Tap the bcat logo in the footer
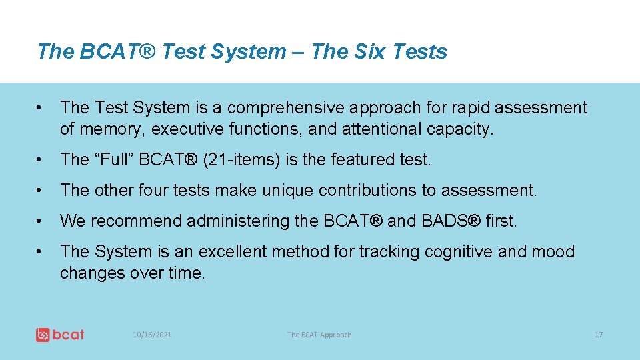click(60, 335)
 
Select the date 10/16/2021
click(152, 335)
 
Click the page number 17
click(598, 335)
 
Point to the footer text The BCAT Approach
click(319, 335)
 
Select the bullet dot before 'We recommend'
click(41, 221)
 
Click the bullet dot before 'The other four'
click(41, 191)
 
